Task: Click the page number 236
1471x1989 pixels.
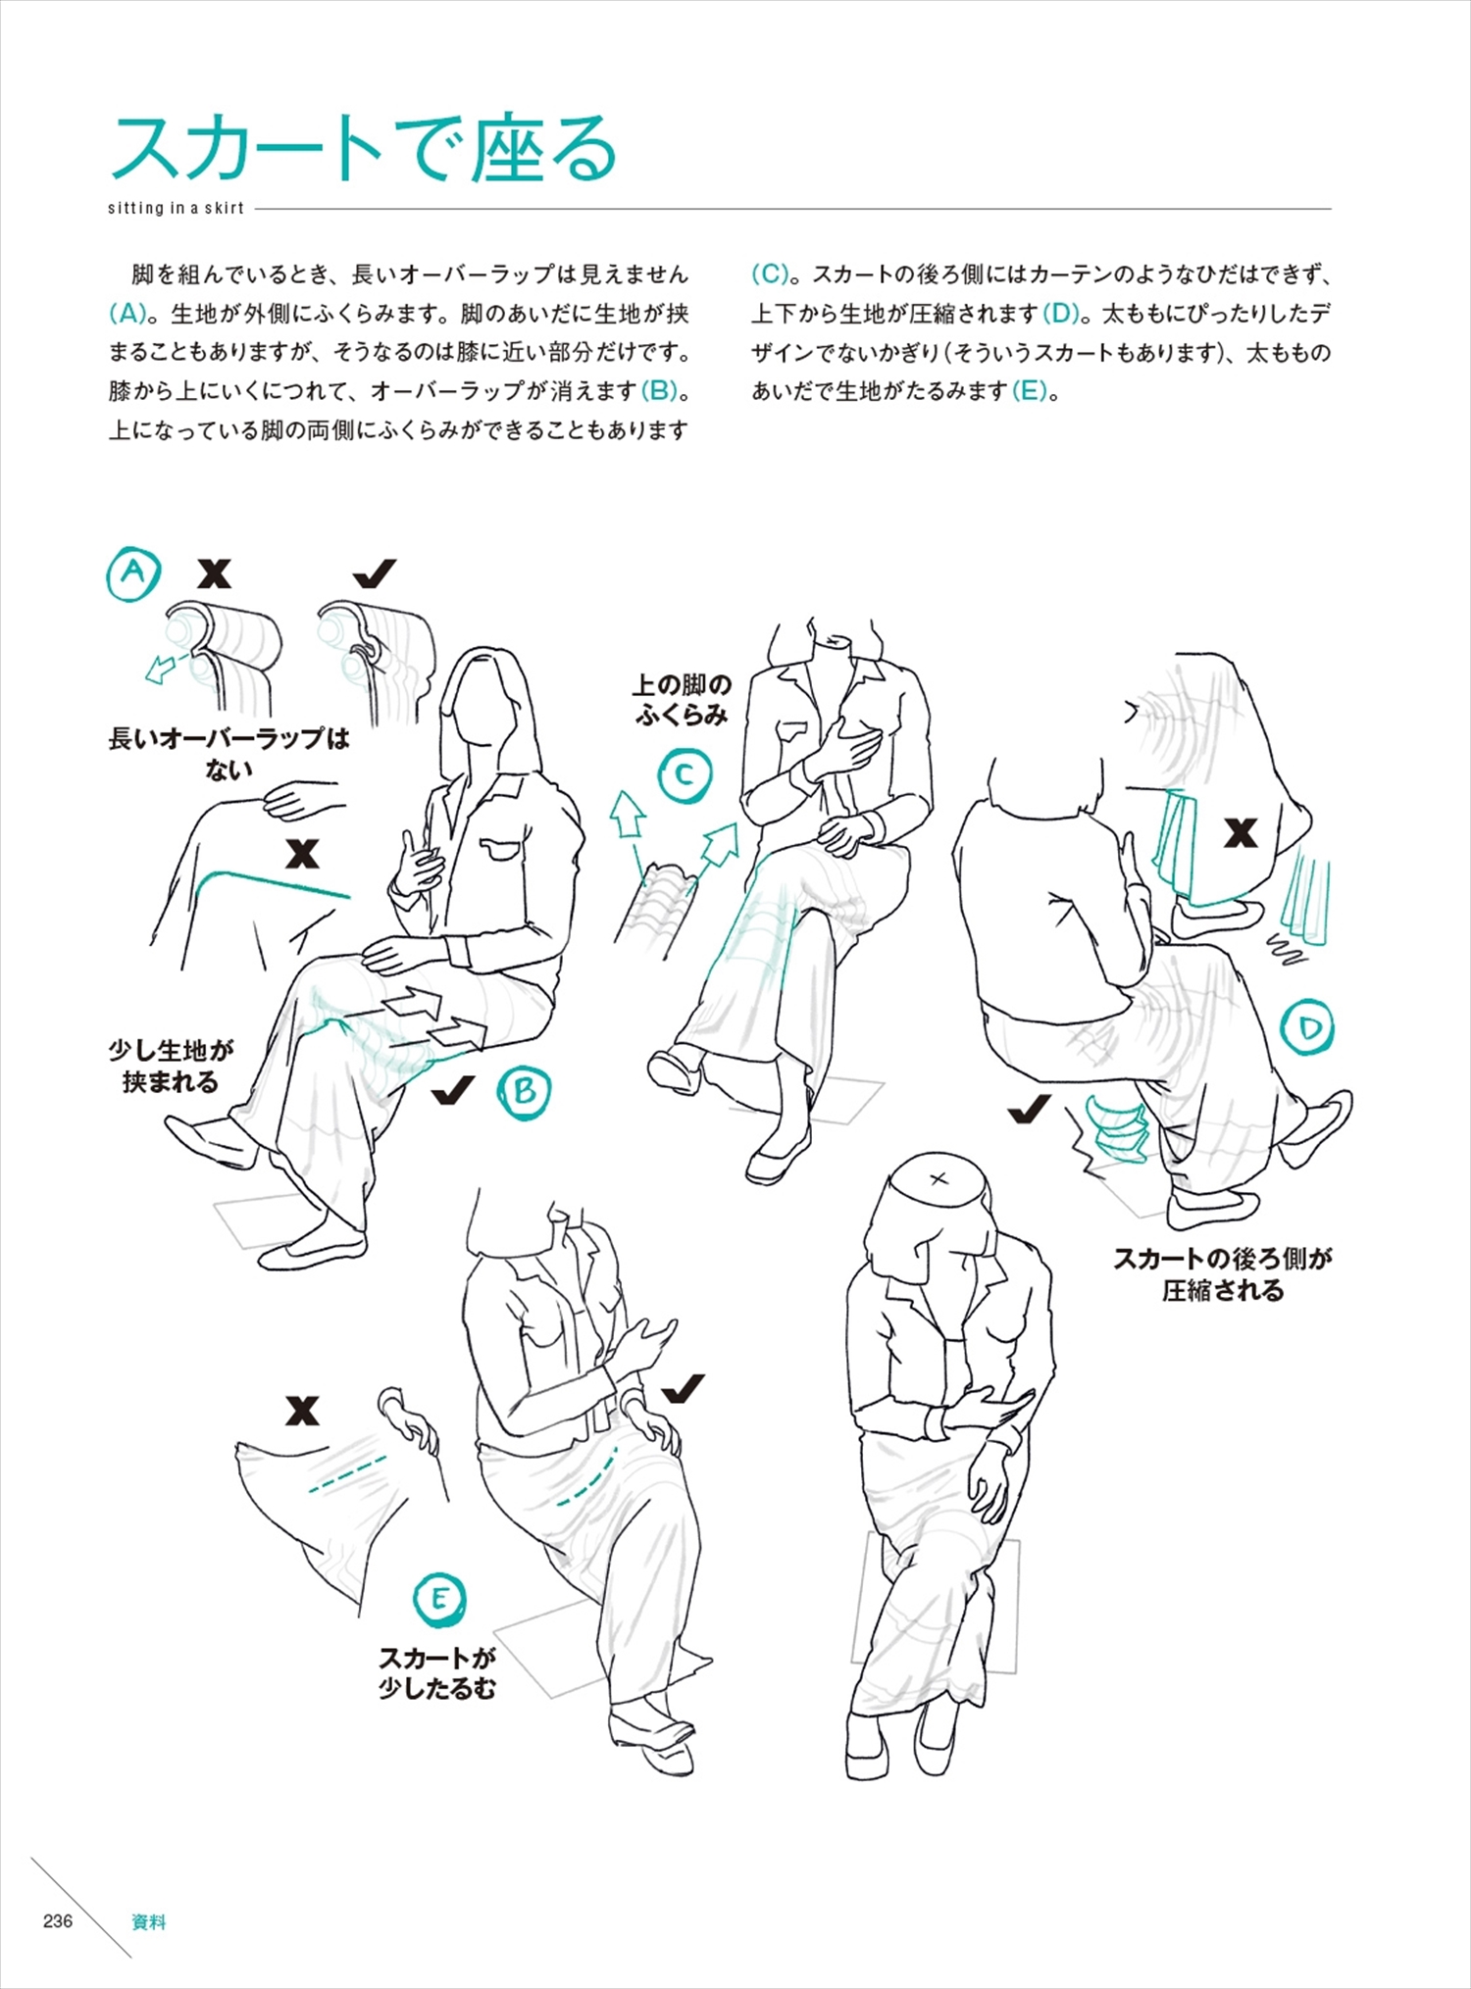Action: point(58,1920)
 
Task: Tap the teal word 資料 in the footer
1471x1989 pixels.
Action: point(149,1921)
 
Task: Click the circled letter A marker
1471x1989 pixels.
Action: point(133,573)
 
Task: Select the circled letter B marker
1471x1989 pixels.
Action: point(524,1091)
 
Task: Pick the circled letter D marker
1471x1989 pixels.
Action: point(1309,1027)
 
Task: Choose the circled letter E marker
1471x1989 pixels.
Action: point(438,1599)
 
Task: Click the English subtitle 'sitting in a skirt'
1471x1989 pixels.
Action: point(176,208)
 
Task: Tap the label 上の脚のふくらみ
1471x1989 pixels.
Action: point(682,699)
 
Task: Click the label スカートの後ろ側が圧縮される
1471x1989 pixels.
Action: point(1222,1274)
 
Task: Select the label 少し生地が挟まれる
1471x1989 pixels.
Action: point(171,1067)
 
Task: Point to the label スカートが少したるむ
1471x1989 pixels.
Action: point(437,1672)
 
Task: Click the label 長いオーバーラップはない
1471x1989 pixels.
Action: point(228,753)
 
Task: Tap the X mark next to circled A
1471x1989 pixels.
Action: point(214,573)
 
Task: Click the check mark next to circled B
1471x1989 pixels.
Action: point(453,1090)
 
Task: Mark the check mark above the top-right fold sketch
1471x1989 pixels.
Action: point(375,573)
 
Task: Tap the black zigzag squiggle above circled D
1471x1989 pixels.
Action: point(1285,949)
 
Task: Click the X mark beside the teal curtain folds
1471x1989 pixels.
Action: point(1241,833)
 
